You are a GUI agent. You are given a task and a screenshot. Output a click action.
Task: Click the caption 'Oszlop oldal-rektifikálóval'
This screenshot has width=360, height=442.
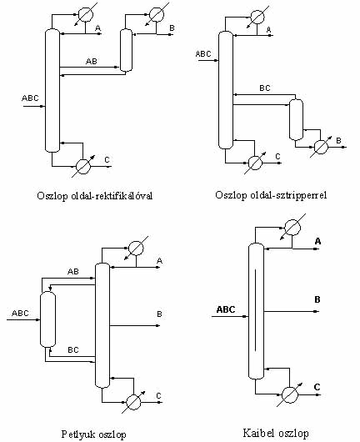point(95,195)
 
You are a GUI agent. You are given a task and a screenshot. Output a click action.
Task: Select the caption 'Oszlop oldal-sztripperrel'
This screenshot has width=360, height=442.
point(271,195)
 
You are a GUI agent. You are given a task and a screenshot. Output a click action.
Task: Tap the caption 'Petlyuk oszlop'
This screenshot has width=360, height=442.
point(93,434)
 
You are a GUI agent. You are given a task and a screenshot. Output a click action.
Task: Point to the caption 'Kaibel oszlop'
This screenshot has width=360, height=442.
point(276,433)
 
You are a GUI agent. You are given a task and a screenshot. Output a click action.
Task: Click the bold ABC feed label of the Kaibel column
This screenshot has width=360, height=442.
point(226,309)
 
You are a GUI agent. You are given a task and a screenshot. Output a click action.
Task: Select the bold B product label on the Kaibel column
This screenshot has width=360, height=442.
point(317,299)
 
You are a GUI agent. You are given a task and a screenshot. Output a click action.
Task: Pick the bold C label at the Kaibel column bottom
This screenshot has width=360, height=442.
point(317,387)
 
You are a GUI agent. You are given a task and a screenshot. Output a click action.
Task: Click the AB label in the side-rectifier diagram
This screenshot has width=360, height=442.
point(92,61)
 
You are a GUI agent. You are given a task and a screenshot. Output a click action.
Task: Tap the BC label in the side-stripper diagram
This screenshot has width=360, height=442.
point(265,88)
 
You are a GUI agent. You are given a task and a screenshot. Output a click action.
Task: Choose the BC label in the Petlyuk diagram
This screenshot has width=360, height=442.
point(73,349)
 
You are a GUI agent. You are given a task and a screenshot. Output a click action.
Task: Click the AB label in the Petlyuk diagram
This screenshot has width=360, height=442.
point(73,272)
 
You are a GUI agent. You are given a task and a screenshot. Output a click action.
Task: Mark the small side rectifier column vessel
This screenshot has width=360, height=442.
point(126,50)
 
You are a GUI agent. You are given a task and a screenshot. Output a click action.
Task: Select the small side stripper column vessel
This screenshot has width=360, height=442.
point(296,119)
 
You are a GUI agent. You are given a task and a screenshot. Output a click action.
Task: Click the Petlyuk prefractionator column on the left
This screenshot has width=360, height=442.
point(47,319)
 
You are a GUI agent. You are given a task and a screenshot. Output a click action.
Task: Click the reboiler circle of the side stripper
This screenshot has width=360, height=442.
point(321,147)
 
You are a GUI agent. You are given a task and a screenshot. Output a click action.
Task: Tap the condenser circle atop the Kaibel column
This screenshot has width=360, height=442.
point(292,228)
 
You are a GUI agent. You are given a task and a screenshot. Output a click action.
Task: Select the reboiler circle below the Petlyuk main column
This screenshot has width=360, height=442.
point(133,402)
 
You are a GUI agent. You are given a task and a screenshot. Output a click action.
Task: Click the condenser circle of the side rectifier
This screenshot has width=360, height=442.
point(157,14)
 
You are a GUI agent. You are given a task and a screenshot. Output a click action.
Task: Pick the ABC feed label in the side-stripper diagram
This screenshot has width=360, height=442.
point(203,53)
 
